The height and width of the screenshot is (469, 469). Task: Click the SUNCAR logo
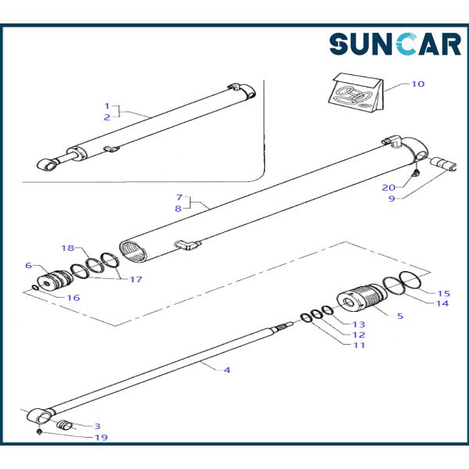click(x=395, y=45)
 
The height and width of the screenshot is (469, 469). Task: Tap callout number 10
click(x=418, y=84)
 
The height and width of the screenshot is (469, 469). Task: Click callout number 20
click(x=388, y=188)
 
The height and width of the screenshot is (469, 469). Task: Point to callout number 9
click(x=392, y=199)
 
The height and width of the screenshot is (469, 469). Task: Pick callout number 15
click(x=443, y=293)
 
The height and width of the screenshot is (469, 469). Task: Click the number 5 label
click(x=400, y=316)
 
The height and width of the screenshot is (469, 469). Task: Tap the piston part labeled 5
click(x=362, y=297)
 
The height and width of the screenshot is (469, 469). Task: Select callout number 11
click(x=360, y=345)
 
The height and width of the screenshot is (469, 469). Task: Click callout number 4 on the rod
click(x=227, y=370)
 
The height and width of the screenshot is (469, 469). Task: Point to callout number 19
click(x=101, y=437)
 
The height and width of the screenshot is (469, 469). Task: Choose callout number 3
click(x=97, y=426)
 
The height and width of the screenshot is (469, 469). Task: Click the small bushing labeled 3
click(x=65, y=424)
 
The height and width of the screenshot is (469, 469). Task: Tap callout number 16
click(x=73, y=298)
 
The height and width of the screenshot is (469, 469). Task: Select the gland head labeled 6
click(x=55, y=281)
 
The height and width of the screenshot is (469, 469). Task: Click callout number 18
click(x=67, y=248)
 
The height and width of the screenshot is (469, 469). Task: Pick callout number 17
click(x=135, y=279)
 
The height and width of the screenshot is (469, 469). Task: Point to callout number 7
click(x=179, y=198)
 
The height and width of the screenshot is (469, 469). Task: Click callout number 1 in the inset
click(x=107, y=106)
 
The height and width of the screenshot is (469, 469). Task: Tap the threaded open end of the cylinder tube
click(x=133, y=252)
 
